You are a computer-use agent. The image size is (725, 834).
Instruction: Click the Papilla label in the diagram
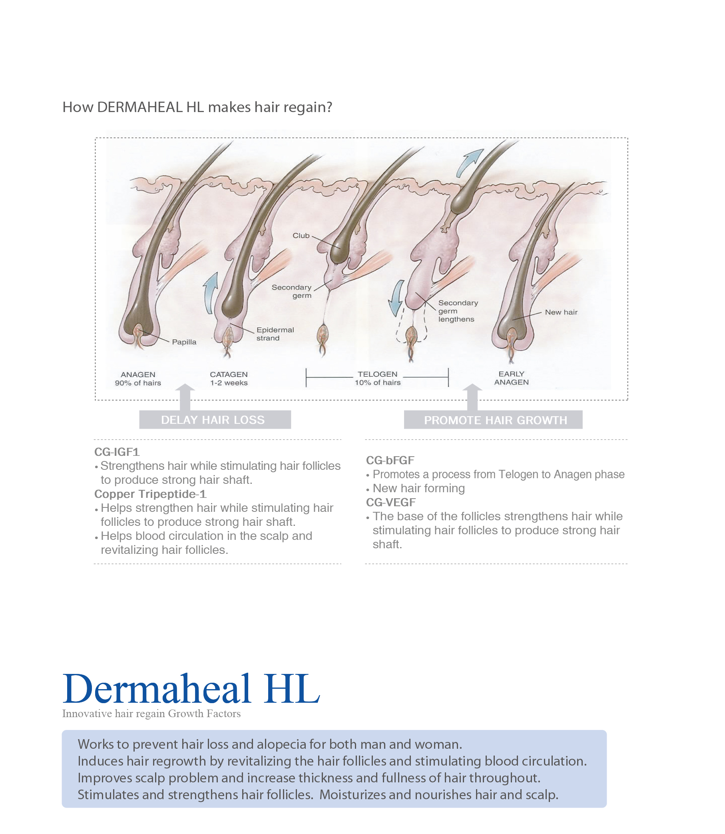[x=184, y=342]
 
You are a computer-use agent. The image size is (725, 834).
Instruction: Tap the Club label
[x=301, y=236]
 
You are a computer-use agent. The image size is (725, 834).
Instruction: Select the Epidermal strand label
[x=275, y=334]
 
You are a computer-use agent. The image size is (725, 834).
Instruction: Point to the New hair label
[x=561, y=312]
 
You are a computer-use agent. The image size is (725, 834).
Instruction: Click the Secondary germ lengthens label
[x=458, y=311]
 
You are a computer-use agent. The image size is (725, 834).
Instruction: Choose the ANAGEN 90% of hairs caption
[x=138, y=379]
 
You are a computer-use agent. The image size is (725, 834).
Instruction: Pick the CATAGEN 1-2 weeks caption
[x=229, y=379]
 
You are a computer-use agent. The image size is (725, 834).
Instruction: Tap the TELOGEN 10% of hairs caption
[x=377, y=378]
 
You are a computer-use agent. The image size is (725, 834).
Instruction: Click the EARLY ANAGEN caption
[x=512, y=378]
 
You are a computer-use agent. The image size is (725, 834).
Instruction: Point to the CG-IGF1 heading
[x=117, y=452]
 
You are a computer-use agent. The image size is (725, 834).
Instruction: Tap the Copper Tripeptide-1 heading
[x=151, y=494]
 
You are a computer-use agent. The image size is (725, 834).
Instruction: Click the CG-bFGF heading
[x=390, y=461]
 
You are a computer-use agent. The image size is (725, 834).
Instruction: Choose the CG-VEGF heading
[x=391, y=503]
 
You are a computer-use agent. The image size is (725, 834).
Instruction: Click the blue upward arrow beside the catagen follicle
[x=210, y=293]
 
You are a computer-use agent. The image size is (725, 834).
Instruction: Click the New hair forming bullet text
[x=418, y=489]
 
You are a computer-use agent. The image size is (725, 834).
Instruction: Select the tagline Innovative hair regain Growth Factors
[x=151, y=714]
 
